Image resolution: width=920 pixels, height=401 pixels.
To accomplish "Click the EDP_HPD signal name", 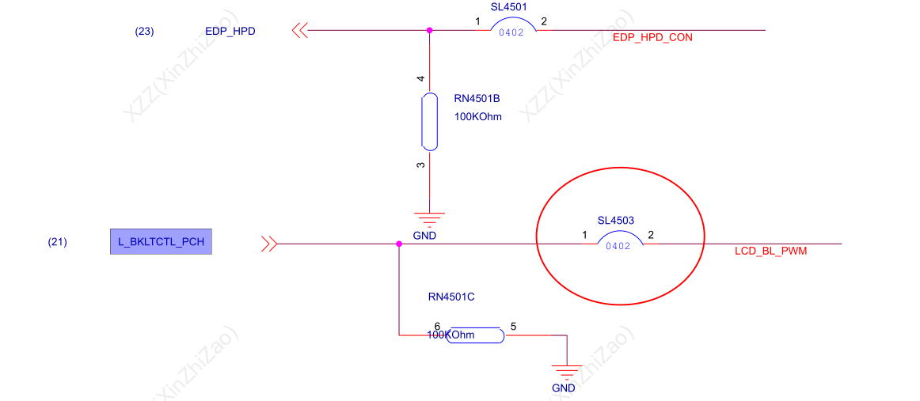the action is pyautogui.click(x=230, y=32).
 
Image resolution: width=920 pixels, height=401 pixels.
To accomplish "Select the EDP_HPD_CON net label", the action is pyautogui.click(x=652, y=37).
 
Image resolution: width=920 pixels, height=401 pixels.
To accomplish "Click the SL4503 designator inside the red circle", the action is pyautogui.click(x=615, y=221).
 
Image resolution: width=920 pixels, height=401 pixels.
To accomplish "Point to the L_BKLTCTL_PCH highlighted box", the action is pyautogui.click(x=161, y=241).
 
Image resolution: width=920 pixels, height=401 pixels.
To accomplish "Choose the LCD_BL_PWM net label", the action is pyautogui.click(x=770, y=252).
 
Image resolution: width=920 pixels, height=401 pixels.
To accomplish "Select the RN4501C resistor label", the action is pyautogui.click(x=451, y=297).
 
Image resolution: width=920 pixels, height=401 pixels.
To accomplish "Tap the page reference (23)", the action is pyautogui.click(x=144, y=32).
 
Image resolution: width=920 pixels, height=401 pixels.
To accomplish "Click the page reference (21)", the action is pyautogui.click(x=58, y=241).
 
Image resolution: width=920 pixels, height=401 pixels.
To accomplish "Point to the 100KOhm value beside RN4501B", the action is pyautogui.click(x=478, y=117).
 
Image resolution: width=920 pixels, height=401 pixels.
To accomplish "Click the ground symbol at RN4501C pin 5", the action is pyautogui.click(x=567, y=371).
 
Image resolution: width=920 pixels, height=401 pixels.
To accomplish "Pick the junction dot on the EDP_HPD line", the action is pyautogui.click(x=429, y=30).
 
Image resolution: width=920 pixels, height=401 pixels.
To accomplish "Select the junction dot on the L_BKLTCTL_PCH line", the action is pyautogui.click(x=399, y=244).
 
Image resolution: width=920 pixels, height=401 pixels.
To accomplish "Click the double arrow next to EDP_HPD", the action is pyautogui.click(x=300, y=30).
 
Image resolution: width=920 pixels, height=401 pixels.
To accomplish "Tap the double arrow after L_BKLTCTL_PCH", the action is pyautogui.click(x=269, y=244).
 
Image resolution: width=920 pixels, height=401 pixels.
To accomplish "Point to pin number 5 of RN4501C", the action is pyautogui.click(x=513, y=327).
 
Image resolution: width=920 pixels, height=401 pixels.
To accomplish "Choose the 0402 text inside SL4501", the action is pyautogui.click(x=511, y=33).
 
